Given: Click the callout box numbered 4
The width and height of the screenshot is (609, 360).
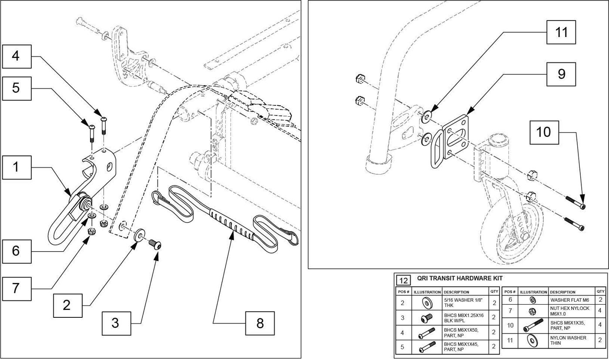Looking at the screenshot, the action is click(x=17, y=56).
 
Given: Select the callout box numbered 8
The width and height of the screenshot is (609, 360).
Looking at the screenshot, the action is click(x=260, y=323).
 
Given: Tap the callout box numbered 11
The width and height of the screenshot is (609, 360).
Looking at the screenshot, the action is click(x=561, y=32).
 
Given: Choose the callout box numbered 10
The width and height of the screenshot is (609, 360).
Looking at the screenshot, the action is click(x=544, y=132).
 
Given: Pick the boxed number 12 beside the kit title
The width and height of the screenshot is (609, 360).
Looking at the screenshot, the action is click(x=404, y=280).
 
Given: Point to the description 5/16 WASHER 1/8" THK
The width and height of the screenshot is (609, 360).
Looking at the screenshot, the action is click(x=463, y=303).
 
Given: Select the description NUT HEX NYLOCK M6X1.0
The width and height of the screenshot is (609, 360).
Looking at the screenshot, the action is click(x=569, y=311).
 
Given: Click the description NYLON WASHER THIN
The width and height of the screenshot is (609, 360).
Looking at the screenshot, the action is click(x=568, y=340).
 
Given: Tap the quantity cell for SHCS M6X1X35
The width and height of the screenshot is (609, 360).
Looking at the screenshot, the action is click(x=600, y=326).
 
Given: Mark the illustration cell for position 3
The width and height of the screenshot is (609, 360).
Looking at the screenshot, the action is click(x=427, y=317).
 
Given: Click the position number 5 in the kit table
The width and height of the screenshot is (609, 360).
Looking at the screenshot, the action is click(x=402, y=347).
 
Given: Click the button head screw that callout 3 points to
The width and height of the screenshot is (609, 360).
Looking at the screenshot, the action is click(x=155, y=244).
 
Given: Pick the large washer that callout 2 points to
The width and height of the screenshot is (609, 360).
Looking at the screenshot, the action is click(x=139, y=235).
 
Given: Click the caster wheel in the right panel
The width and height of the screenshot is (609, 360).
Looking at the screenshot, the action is click(x=511, y=232).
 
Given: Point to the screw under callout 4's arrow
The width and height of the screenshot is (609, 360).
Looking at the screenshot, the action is click(x=104, y=126).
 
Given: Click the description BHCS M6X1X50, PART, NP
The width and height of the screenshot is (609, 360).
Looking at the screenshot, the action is click(x=461, y=333).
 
